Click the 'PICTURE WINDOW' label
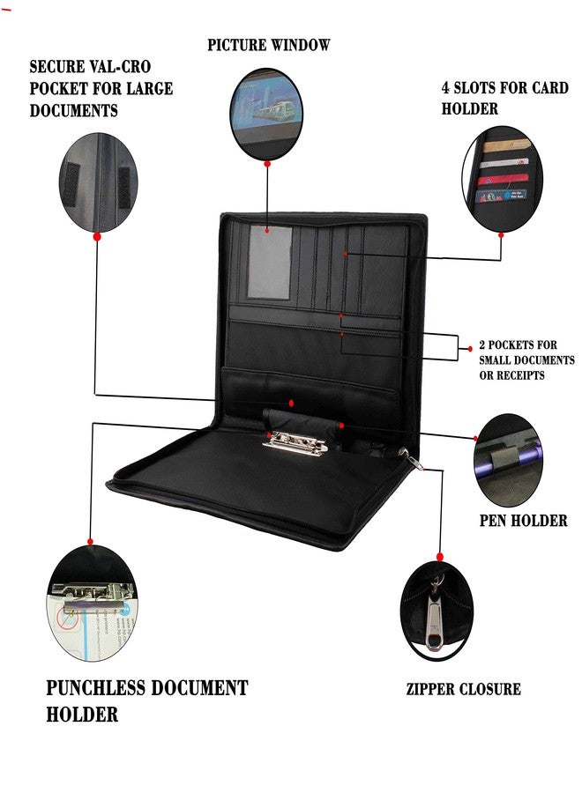tap(269, 45)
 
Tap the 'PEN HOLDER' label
tap(523, 521)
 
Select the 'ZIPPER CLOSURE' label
tap(464, 689)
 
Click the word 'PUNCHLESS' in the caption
tap(95, 688)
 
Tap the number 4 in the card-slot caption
tap(445, 87)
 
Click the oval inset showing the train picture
tap(266, 114)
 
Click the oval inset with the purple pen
tap(508, 460)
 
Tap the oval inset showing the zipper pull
tap(437, 611)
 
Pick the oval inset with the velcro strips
tap(98, 182)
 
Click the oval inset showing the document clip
tap(92, 603)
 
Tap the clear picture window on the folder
tap(270, 262)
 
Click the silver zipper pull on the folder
tap(413, 459)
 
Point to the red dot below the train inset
tap(267, 163)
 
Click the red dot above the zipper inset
tap(440, 557)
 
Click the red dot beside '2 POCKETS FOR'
tap(470, 348)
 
